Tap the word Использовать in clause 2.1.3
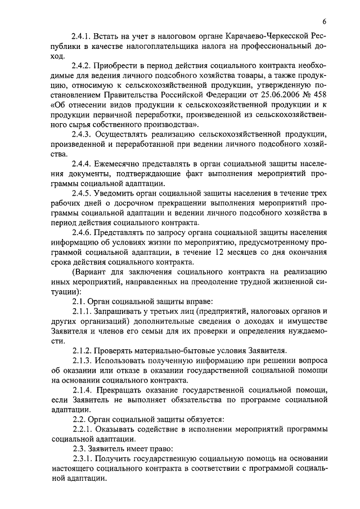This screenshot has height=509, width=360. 128,361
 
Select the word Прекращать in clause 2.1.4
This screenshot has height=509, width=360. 127,390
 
